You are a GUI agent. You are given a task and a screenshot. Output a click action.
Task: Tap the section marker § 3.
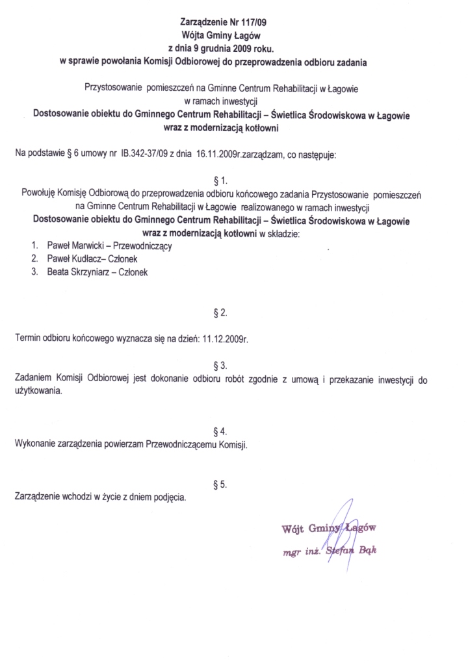pyautogui.click(x=220, y=365)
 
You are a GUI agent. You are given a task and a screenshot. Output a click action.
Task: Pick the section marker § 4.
pyautogui.click(x=220, y=432)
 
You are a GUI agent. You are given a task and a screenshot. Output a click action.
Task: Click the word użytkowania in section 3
pyautogui.click(x=38, y=392)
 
